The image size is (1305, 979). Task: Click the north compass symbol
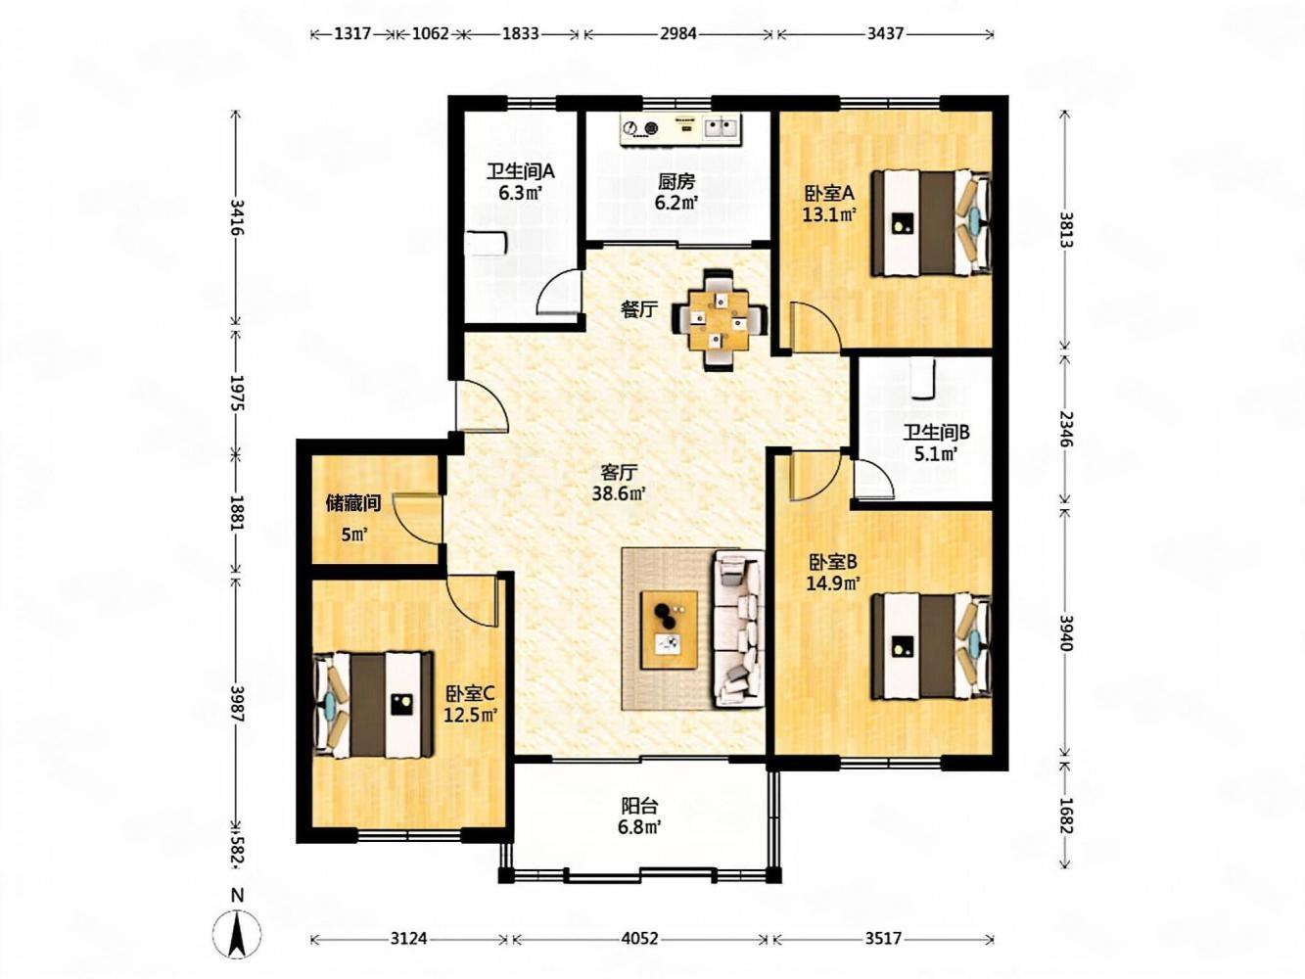pos(237,937)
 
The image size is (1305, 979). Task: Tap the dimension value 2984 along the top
pos(678,33)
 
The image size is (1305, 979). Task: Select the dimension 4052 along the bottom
pos(639,939)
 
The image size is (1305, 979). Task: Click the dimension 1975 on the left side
pos(237,393)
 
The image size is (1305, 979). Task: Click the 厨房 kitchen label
pos(676,181)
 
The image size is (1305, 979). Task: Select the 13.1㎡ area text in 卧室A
pos(829,214)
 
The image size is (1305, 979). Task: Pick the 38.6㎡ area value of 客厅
pos(619,492)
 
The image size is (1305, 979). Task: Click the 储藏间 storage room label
pos(353,504)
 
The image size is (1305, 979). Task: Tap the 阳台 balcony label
pos(639,807)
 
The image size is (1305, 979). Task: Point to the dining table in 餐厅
pos(720,320)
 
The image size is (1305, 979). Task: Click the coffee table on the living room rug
pos(669,629)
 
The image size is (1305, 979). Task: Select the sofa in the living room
pos(738,629)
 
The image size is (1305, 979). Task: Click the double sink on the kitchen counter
pos(722,127)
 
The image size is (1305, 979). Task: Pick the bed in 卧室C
pos(373,705)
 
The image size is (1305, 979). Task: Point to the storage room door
pos(417,518)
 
